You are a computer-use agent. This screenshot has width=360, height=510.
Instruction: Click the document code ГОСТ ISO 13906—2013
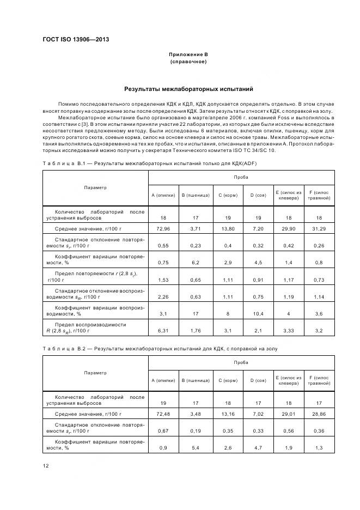click(76, 40)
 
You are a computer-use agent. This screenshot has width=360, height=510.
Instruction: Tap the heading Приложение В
click(188, 54)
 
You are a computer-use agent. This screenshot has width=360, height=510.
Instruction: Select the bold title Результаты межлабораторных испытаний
click(188, 89)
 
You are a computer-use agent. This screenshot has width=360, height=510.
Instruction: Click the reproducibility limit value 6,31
click(163, 330)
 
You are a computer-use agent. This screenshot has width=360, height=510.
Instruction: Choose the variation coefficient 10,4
click(257, 313)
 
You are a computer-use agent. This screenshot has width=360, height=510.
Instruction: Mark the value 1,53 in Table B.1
click(163, 279)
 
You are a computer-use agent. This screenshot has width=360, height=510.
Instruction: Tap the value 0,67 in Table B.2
click(163, 430)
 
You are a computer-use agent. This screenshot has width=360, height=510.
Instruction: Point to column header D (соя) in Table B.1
click(257, 195)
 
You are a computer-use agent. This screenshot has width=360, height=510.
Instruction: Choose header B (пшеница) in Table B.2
click(194, 380)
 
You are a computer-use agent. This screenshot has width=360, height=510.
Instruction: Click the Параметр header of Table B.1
click(95, 187)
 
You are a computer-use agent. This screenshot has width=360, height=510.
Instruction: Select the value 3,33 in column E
click(288, 330)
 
